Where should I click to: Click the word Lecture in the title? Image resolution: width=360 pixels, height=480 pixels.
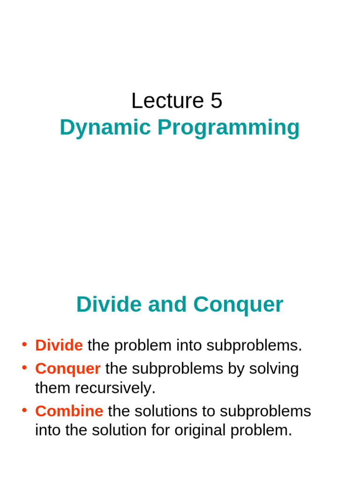pos(165,101)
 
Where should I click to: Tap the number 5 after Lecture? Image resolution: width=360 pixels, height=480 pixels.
pos(216,101)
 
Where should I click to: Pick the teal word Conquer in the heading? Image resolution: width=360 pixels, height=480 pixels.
pos(238,305)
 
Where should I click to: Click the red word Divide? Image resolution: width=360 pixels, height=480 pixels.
pos(59,345)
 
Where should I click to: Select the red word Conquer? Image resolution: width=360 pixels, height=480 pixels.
pos(68,369)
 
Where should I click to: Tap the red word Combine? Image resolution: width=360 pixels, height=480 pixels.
pos(69,411)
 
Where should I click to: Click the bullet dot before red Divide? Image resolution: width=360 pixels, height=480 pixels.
pos(24,345)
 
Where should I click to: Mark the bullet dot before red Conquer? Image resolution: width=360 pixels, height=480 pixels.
pos(24,368)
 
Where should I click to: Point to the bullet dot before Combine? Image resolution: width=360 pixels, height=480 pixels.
pos(24,411)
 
